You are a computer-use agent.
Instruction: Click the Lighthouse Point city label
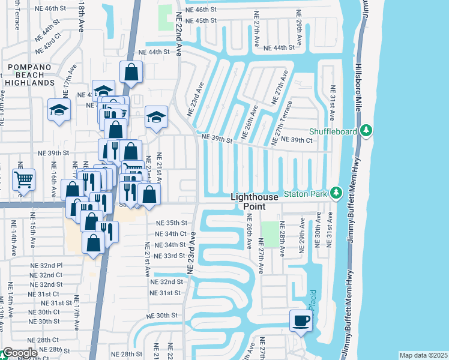tap(255, 202)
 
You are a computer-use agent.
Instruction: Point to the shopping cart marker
tap(23, 179)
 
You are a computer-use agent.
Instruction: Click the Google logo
tap(19, 353)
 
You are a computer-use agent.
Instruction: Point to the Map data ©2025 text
tap(423, 355)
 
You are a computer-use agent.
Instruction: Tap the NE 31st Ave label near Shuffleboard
tap(332, 100)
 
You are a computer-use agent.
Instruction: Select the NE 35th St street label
tap(172, 223)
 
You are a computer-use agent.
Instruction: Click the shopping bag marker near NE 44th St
tap(131, 73)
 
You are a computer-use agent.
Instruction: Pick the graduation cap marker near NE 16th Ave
tap(59, 110)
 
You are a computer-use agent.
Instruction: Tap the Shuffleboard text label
tap(334, 131)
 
